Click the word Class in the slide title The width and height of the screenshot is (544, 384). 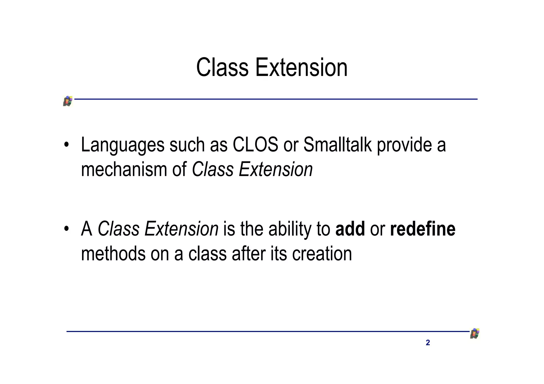coord(222,68)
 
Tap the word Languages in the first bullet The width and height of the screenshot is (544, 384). coord(123,145)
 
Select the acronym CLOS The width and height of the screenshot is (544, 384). coord(255,145)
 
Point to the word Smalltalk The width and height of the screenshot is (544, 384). coord(337,145)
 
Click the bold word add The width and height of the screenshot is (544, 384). coord(350,229)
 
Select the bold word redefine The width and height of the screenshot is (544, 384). coord(423,229)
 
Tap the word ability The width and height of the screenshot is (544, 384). coord(290,230)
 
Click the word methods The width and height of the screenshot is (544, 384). coord(113,254)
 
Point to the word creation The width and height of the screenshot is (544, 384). coord(322,254)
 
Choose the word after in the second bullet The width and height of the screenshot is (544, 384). coord(249,254)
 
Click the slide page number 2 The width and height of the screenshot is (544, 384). coord(428,343)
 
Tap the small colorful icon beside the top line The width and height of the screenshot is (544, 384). coord(68,101)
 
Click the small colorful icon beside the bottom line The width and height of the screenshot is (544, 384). coord(475,334)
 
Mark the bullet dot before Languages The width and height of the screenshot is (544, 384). coord(66,145)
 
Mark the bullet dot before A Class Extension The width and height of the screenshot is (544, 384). coord(66,229)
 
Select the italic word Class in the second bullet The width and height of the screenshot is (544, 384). coord(118,229)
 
